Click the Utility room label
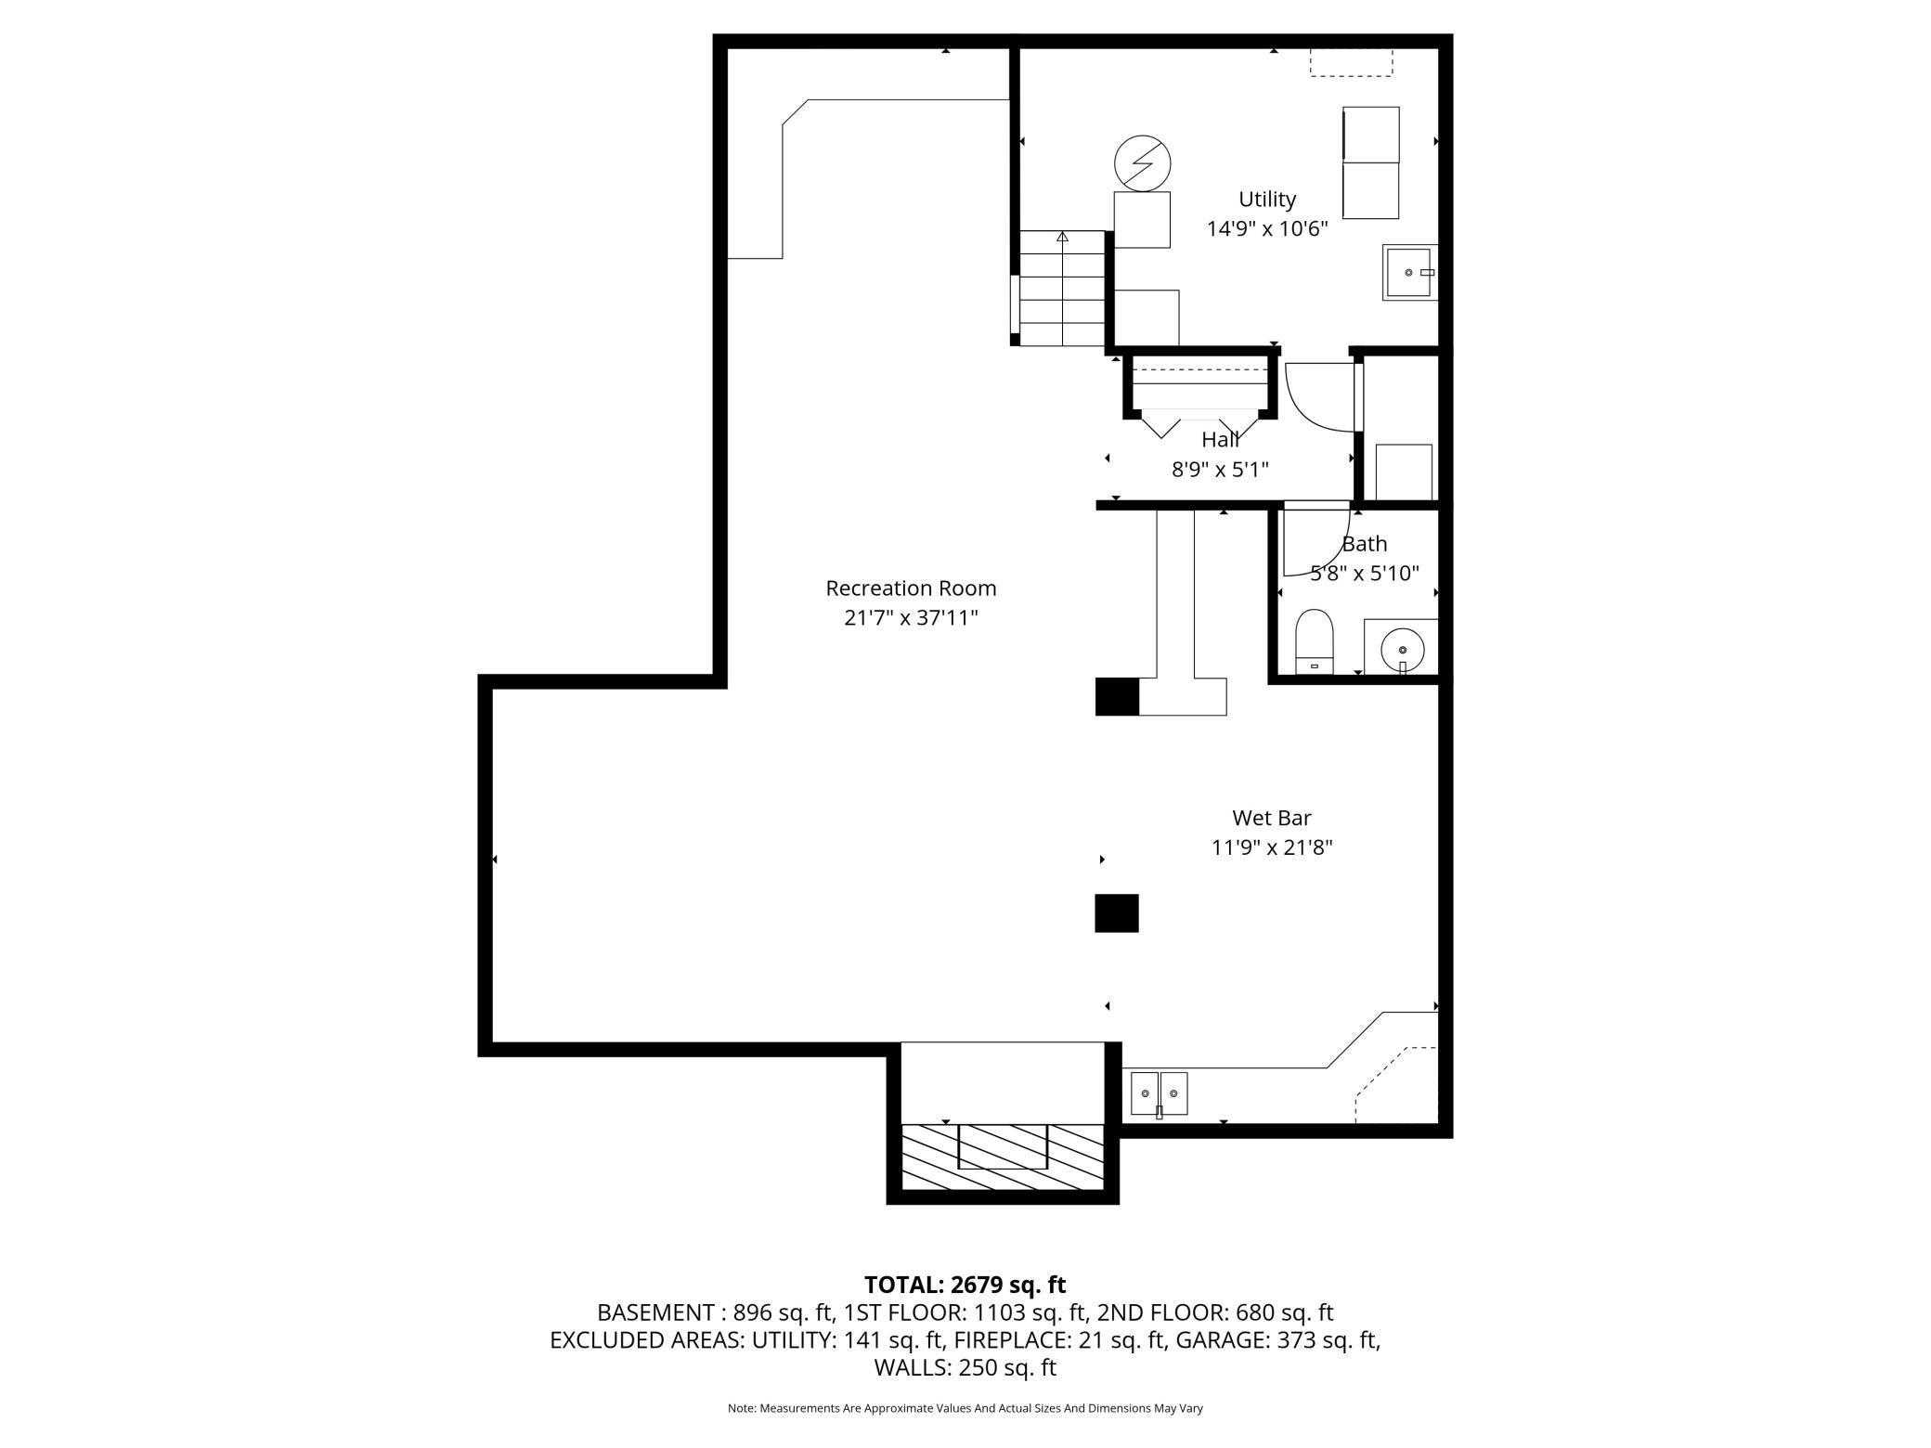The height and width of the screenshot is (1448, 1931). pos(1267,200)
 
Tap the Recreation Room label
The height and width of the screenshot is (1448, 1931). pos(911,588)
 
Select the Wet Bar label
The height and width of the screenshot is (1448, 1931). pos(1272,818)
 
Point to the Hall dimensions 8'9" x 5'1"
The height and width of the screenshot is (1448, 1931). pos(1220,470)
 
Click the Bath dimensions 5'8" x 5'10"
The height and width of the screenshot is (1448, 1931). pos(1365,574)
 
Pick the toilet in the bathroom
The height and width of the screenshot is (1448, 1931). pos(1314,641)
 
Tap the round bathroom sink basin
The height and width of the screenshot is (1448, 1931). pos(1403,650)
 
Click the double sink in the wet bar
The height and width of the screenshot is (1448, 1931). pos(1159,1094)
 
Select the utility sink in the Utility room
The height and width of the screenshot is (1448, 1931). pos(1410,272)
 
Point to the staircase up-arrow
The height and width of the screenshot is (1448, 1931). pos(1062,237)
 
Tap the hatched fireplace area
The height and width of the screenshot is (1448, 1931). pos(1003,1157)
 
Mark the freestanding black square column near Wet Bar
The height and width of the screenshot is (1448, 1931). pos(1117,913)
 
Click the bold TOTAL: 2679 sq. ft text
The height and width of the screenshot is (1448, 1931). pos(965,1285)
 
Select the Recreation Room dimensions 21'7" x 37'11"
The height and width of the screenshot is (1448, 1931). pos(911,618)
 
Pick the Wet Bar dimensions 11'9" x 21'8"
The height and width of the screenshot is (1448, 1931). pos(1272,847)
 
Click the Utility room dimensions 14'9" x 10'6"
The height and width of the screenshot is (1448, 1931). pos(1267,228)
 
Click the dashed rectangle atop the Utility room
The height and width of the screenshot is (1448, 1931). pos(1351,62)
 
